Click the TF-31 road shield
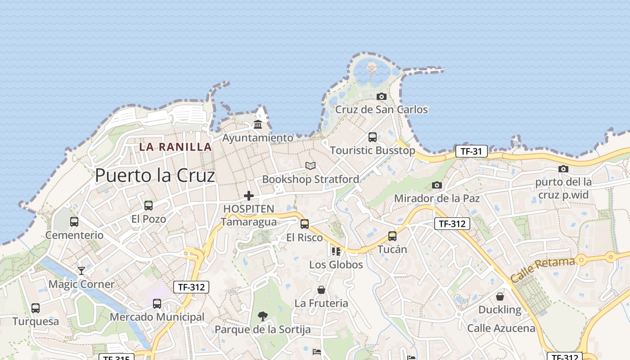point(472,151)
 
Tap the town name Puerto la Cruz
point(155,175)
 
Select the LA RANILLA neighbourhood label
point(175,147)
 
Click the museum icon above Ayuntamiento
point(258,124)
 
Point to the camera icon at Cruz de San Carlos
point(381,96)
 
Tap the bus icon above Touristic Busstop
point(372,137)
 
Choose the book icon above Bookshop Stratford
point(310,166)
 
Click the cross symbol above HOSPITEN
point(248,195)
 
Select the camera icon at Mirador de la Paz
point(436,185)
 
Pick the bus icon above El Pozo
point(148,206)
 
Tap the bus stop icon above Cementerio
point(74,221)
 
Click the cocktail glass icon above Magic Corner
point(81,270)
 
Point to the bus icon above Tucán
point(392,236)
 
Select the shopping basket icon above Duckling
point(499,297)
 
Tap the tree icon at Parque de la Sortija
point(262,316)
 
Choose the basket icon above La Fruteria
point(321,290)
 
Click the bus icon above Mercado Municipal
point(157,304)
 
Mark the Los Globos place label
point(336,265)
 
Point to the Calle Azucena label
point(501,328)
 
